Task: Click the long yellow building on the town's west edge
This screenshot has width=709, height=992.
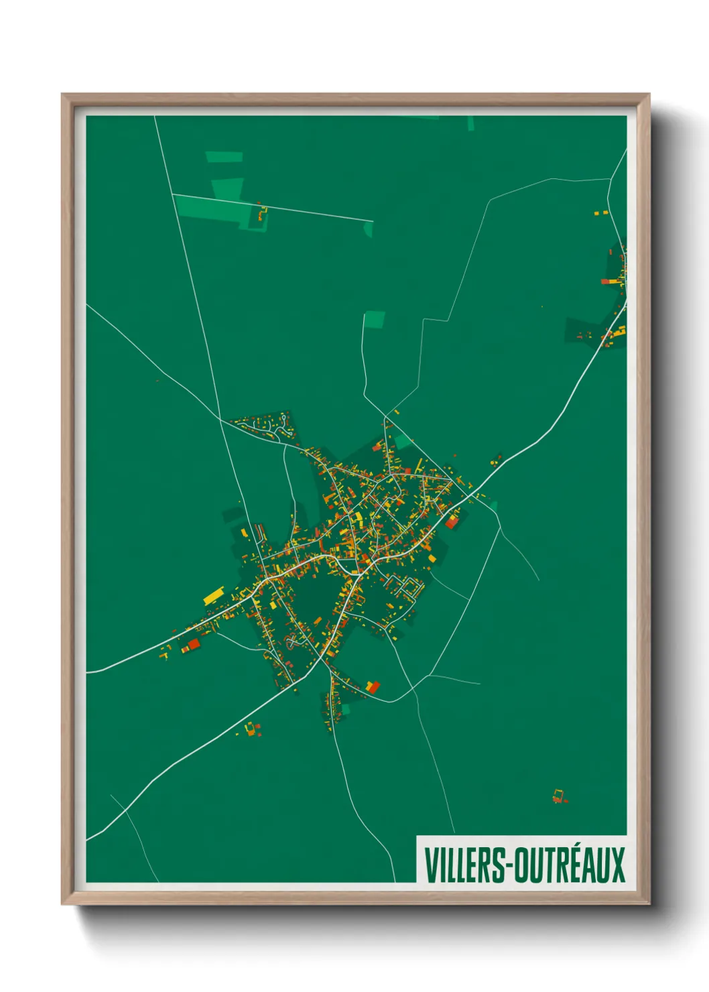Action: (x=213, y=595)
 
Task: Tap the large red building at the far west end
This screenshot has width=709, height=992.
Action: (x=194, y=644)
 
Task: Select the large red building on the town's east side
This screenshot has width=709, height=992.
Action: (x=452, y=521)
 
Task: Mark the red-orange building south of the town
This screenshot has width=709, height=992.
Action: (x=373, y=687)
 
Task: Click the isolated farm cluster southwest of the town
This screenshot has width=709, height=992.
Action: (x=252, y=729)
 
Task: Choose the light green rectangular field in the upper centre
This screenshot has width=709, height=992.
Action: (x=375, y=320)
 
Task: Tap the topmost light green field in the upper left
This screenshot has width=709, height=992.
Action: (x=224, y=158)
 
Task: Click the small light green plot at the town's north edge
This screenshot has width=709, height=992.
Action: (x=403, y=441)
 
